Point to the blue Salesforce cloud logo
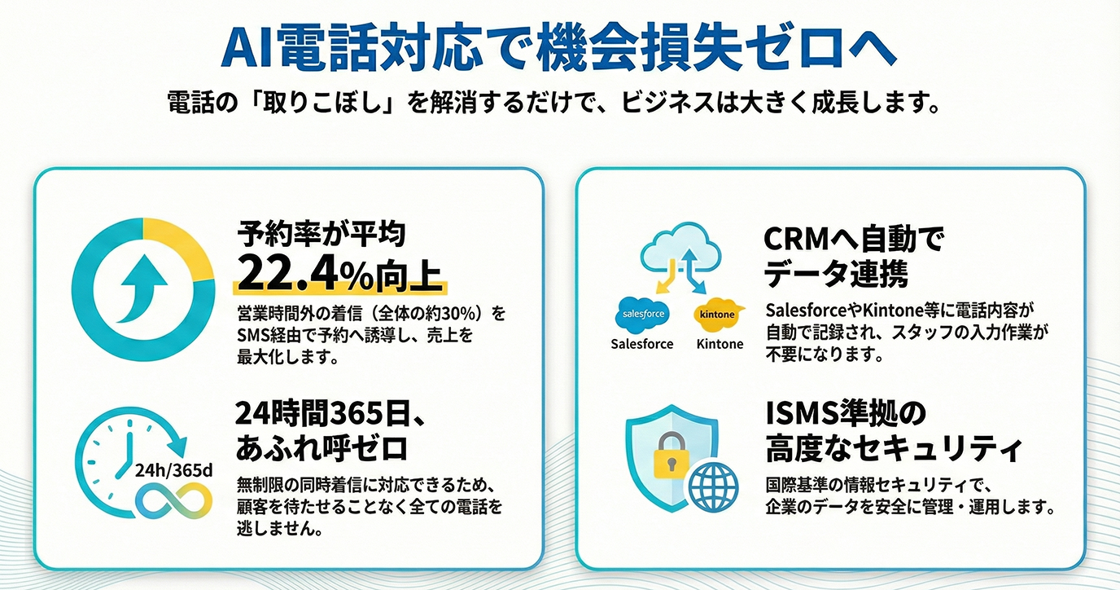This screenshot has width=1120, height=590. click(642, 314)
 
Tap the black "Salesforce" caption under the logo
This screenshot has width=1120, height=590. click(642, 344)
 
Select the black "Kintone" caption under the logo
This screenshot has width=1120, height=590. click(720, 344)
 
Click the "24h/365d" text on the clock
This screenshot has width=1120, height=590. click(173, 469)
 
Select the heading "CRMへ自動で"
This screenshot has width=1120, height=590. click(852, 240)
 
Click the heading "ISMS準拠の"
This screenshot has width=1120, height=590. click(846, 413)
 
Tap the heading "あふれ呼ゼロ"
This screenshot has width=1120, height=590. click(322, 448)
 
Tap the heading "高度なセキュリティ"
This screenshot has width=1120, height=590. click(893, 448)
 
